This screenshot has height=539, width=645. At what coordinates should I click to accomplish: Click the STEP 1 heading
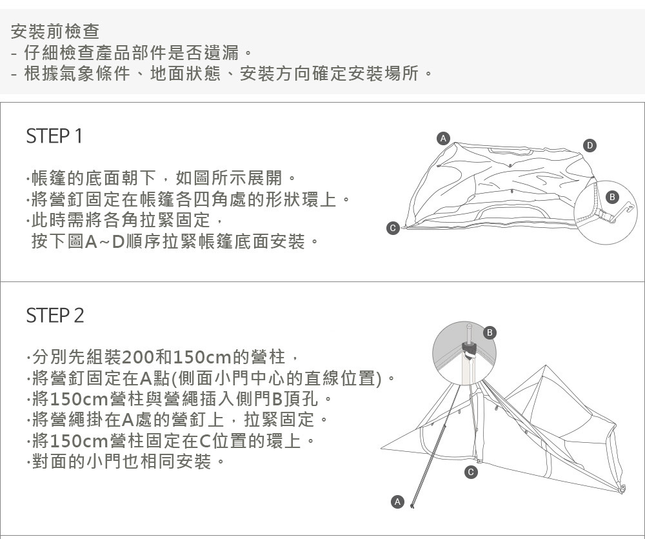tap(54, 137)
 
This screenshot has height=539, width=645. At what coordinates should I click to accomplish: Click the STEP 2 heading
tap(55, 316)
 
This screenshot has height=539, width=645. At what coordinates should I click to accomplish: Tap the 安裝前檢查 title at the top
tap(55, 30)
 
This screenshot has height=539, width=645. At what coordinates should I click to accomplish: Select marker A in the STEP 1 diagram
tap(442, 137)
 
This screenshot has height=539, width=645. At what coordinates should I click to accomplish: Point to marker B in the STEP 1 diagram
tap(613, 196)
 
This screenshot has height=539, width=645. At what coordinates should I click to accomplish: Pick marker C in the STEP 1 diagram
tap(392, 227)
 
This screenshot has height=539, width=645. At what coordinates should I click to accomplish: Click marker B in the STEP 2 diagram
tap(490, 332)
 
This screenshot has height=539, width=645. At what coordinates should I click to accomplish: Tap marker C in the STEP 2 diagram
tap(471, 473)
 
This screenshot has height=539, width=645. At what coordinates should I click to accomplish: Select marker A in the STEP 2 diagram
tap(397, 501)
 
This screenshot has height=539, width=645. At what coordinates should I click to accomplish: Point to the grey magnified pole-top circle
tap(464, 354)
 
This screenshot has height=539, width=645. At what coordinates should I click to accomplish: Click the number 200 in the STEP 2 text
tap(135, 356)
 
